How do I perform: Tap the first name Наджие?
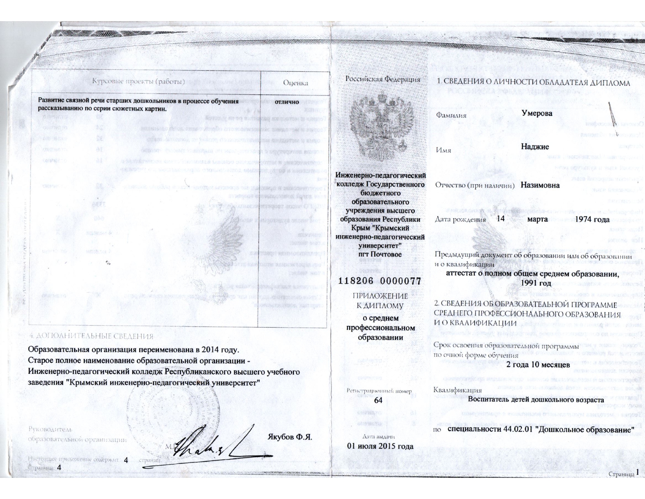535,147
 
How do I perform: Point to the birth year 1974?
589,219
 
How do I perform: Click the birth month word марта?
537,219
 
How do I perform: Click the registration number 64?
378,400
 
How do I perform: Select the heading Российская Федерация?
383,79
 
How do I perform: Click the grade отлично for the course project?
287,102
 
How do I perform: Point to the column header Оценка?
295,83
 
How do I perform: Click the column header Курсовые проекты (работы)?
138,82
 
